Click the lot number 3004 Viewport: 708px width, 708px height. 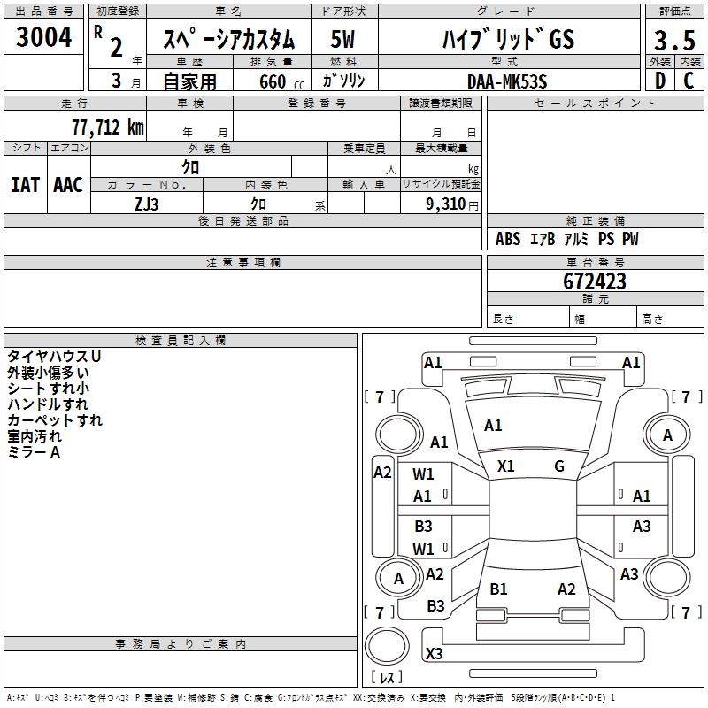[44, 37]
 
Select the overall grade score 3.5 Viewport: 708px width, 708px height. [674, 40]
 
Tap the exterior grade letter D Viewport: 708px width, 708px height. [659, 80]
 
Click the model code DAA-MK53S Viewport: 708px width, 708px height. [507, 81]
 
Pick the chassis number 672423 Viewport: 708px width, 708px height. [595, 281]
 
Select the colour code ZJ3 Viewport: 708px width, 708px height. [147, 203]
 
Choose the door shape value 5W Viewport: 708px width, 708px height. [342, 40]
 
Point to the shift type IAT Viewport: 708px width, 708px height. [25, 185]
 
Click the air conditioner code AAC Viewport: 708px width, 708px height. [68, 185]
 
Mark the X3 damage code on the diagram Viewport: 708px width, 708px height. [435, 654]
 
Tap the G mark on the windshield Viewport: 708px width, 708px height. [559, 466]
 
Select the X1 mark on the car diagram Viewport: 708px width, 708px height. [506, 466]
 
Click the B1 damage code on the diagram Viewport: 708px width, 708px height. [498, 589]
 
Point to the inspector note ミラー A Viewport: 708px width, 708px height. [34, 452]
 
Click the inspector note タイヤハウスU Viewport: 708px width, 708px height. [54, 356]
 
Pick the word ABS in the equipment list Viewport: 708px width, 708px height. [508, 239]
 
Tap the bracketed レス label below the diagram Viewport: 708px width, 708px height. [386, 679]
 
